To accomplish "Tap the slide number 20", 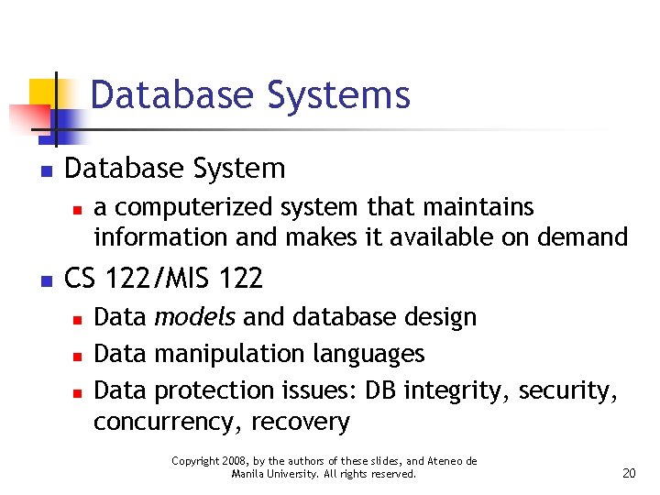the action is pos(629,473).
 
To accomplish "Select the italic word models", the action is pos(194,317).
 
